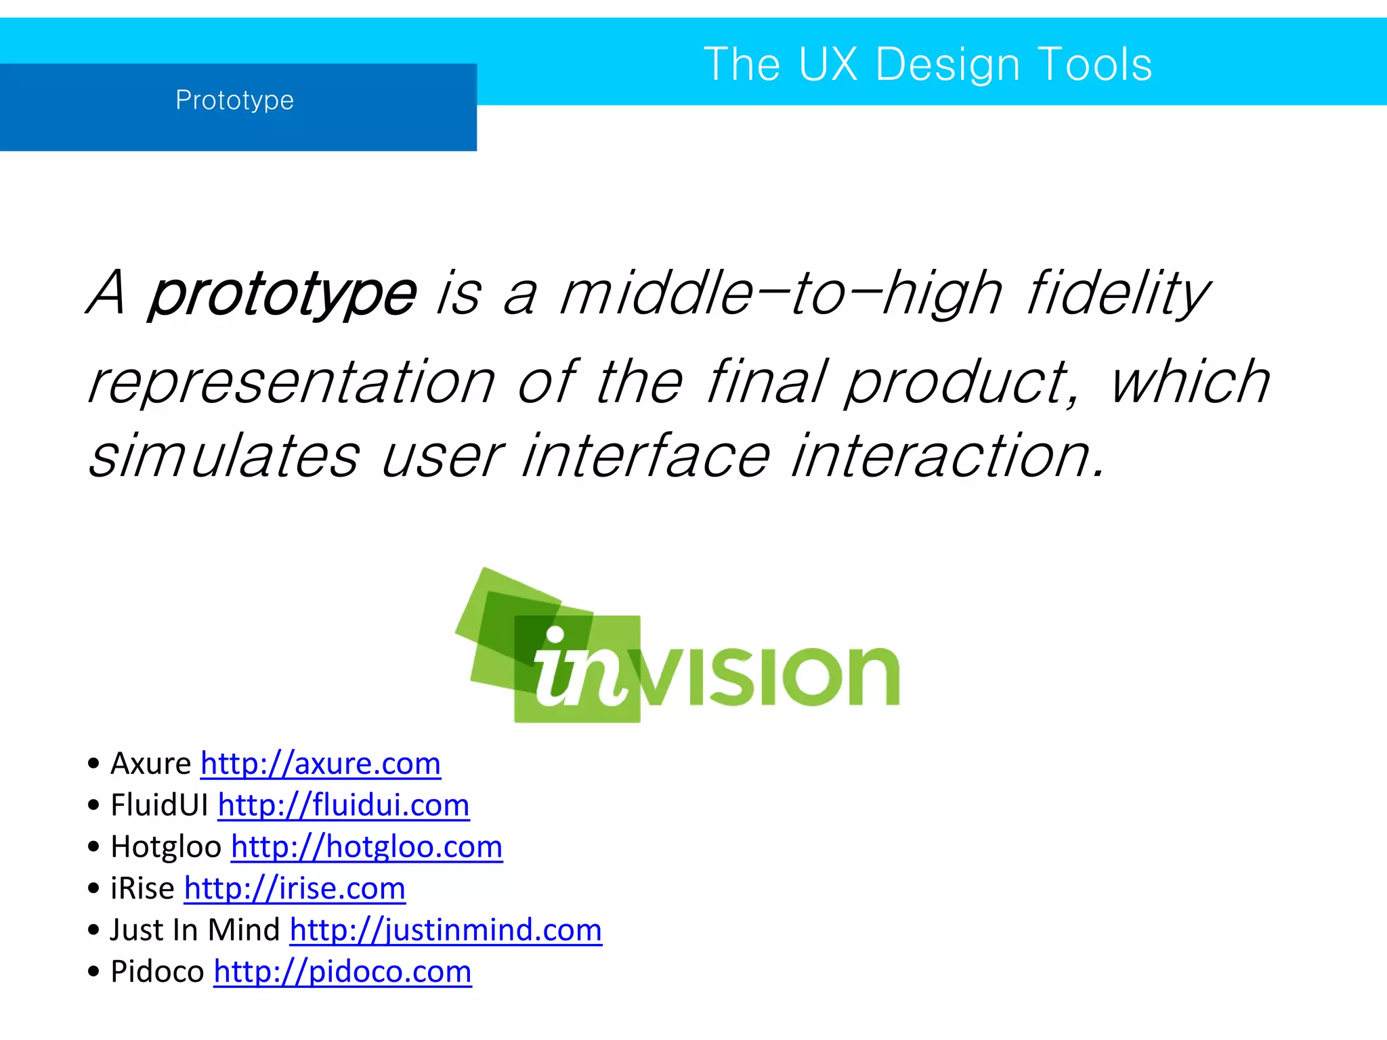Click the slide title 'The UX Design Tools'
click(927, 65)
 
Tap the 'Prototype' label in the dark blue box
click(234, 100)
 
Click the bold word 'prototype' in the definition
click(282, 294)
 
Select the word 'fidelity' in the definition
click(1117, 294)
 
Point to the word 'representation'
click(292, 383)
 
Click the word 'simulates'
click(223, 456)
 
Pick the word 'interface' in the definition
click(646, 456)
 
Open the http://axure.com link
click(320, 764)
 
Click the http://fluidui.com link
click(343, 806)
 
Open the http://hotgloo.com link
click(366, 847)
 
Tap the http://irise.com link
click(295, 888)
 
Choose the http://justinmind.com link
click(446, 930)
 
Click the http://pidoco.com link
click(342, 972)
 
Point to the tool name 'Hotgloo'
click(166, 847)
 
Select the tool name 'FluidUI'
click(159, 806)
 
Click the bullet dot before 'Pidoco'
click(93, 972)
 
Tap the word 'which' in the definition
click(1190, 383)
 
